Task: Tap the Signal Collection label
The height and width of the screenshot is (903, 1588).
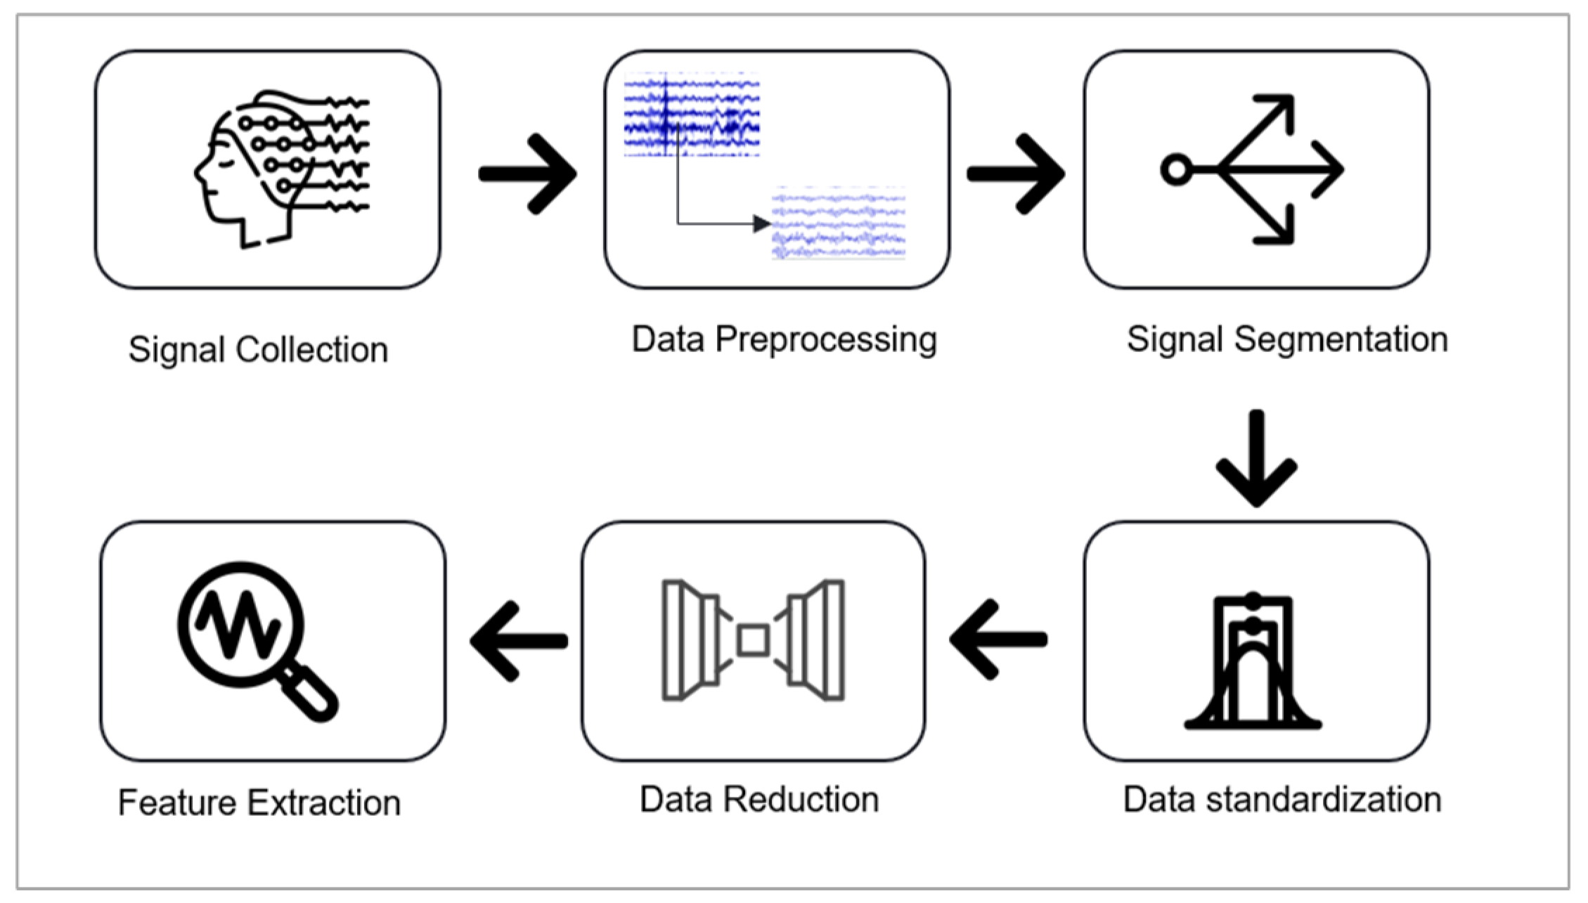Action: tap(258, 349)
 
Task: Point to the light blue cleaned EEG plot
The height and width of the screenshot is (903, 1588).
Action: tap(838, 223)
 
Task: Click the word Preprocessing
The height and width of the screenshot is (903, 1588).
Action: tap(826, 339)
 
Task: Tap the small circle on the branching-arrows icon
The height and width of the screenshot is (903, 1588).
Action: tap(1175, 169)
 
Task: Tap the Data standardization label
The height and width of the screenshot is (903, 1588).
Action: tap(1282, 800)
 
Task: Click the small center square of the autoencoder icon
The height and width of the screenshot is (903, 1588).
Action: tap(753, 640)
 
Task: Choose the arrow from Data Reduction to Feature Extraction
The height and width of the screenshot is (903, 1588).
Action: tap(519, 640)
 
